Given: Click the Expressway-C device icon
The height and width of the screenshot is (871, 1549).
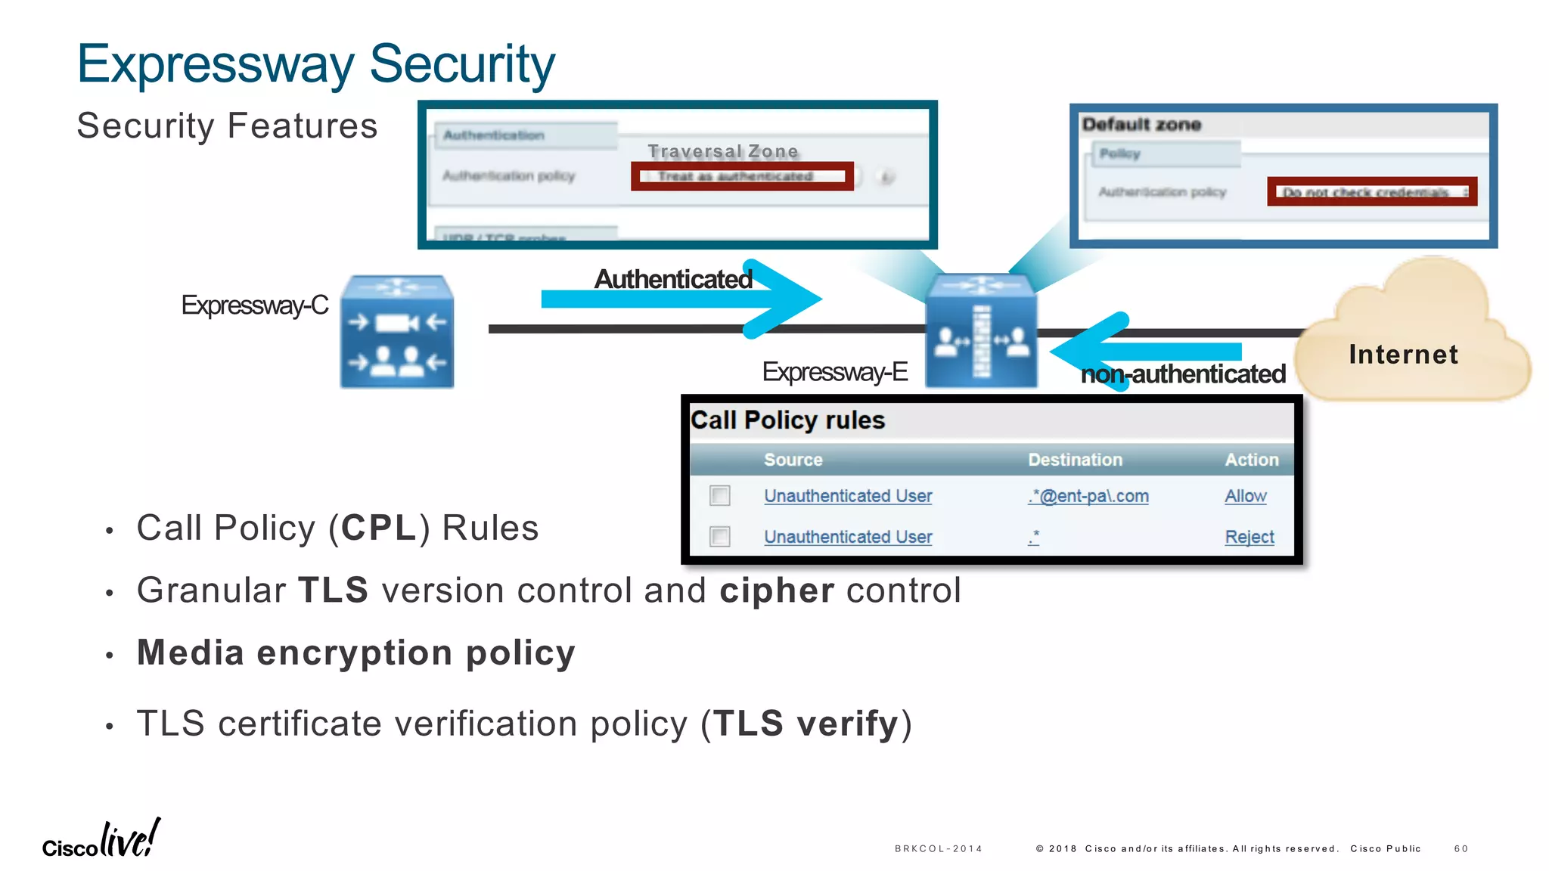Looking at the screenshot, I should pyautogui.click(x=396, y=333).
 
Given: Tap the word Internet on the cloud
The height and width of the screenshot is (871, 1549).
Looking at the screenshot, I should pyautogui.click(x=1403, y=355).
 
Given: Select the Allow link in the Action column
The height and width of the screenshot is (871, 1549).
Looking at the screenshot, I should pyautogui.click(x=1245, y=496).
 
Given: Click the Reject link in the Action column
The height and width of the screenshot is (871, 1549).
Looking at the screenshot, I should pyautogui.click(x=1249, y=537).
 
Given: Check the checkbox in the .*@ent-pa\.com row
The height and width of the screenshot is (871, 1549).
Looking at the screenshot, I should pyautogui.click(x=720, y=496).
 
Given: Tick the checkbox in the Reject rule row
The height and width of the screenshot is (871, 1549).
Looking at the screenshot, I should pyautogui.click(x=720, y=537).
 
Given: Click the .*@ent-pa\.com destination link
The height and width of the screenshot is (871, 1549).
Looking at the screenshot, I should pyautogui.click(x=1088, y=496).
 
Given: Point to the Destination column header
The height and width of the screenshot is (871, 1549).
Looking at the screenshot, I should pyautogui.click(x=1075, y=460).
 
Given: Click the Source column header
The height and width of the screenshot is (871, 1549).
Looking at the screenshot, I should pyautogui.click(x=793, y=460).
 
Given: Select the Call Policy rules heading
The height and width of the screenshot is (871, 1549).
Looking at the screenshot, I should pyautogui.click(x=787, y=420).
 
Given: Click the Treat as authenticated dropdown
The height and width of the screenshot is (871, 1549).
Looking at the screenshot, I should pyautogui.click(x=742, y=176).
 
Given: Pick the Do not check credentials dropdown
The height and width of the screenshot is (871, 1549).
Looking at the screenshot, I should pyautogui.click(x=1371, y=192).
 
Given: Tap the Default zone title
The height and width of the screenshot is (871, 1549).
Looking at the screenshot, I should pyautogui.click(x=1141, y=125).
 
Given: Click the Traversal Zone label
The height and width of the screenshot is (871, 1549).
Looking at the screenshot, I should pyautogui.click(x=722, y=151).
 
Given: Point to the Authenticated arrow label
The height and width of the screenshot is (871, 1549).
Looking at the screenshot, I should pyautogui.click(x=672, y=279).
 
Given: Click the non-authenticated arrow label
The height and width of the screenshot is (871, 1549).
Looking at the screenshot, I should pyautogui.click(x=1182, y=374).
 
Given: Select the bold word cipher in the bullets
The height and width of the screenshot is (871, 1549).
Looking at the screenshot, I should pyautogui.click(x=777, y=590).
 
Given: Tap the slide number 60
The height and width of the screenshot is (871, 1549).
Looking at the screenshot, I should pyautogui.click(x=1461, y=849).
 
